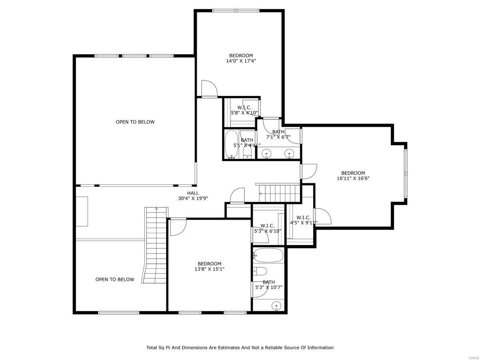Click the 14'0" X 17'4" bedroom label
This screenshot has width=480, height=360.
tap(241, 58)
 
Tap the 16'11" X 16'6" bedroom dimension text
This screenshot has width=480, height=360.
tap(353, 179)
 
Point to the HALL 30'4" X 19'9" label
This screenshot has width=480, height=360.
tap(193, 196)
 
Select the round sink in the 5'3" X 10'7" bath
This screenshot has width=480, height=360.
tap(276, 306)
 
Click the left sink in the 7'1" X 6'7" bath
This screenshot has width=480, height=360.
tap(266, 153)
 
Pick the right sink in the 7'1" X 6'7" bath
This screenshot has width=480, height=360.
tap(289, 153)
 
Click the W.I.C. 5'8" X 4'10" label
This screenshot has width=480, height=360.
tap(244, 110)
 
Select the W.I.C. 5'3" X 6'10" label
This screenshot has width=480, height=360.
tap(268, 228)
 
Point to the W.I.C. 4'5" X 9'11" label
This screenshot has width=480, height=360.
tap(304, 220)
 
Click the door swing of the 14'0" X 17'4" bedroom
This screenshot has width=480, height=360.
tap(208, 88)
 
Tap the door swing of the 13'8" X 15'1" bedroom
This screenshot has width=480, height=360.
tap(178, 227)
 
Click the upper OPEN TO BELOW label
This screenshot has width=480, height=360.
tap(135, 122)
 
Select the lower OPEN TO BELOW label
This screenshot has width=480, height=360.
tap(114, 280)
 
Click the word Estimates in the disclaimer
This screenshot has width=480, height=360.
tap(222, 348)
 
